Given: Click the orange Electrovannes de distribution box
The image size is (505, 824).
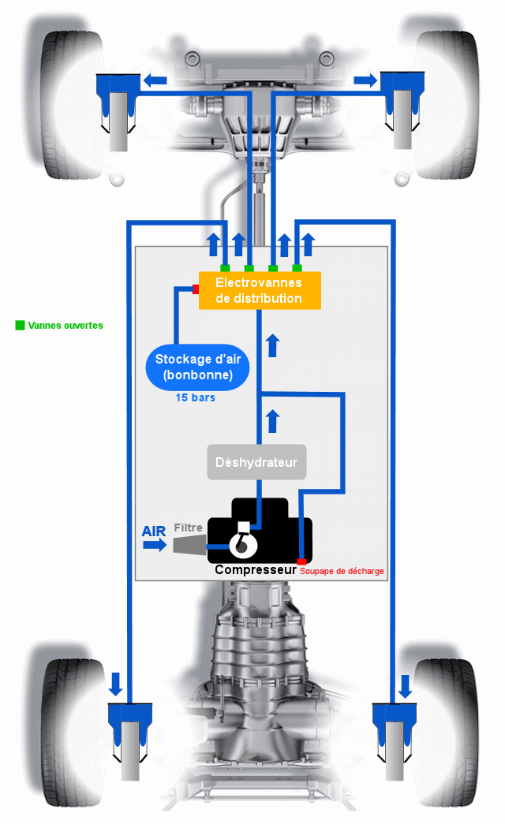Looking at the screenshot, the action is point(260,290).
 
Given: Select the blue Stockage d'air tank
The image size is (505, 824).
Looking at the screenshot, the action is point(197,367).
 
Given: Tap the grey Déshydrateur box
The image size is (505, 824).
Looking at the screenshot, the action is point(256,462).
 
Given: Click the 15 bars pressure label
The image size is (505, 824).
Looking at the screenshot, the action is point(195,398).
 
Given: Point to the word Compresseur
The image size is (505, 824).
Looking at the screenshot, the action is point(256,569).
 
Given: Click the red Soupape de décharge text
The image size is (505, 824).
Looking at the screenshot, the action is point(342,571).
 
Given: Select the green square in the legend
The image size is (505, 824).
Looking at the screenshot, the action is point(20,326).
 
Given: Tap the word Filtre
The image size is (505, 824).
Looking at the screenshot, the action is point(189,528).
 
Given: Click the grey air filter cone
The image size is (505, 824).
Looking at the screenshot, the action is point(190,545).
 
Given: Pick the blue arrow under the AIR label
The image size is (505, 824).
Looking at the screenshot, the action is point(155,544).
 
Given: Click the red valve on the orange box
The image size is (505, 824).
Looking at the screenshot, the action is point(196,289).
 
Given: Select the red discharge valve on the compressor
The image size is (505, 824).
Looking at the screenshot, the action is point(301,561).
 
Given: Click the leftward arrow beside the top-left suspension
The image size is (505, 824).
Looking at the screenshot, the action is point(155,80).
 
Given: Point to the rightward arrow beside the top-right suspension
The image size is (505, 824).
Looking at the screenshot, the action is point(365,80).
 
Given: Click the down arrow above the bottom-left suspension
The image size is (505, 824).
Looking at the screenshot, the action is point(116,684).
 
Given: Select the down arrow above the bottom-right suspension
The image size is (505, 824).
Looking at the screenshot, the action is point(405,686).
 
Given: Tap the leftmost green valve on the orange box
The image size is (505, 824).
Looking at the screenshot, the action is point(225,268).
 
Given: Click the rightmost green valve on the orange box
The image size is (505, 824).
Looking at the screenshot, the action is point(297,268).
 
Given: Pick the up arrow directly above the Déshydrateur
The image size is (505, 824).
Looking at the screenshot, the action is point(272,421).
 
